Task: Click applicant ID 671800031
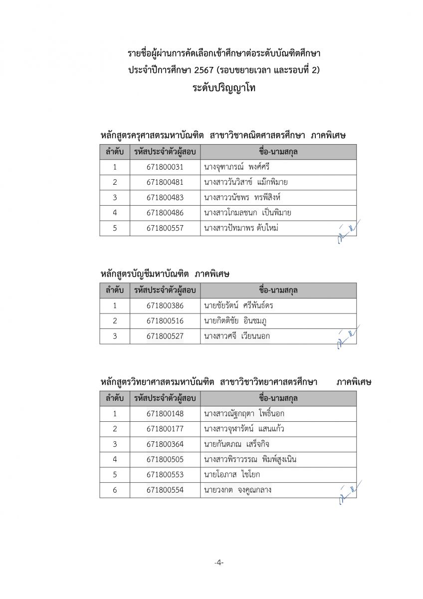coord(165,167)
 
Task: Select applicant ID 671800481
coord(165,182)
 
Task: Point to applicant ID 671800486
coord(165,213)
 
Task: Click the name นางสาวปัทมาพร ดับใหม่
coord(241,228)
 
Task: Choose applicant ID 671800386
coord(165,305)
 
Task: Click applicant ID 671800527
coord(165,336)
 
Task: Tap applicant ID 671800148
coord(165,413)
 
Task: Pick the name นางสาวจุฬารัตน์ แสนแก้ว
coord(244,429)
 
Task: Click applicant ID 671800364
coord(165,444)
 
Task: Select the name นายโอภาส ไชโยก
coord(232,475)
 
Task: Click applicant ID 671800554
coord(165,490)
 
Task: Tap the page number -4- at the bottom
coord(219,563)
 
